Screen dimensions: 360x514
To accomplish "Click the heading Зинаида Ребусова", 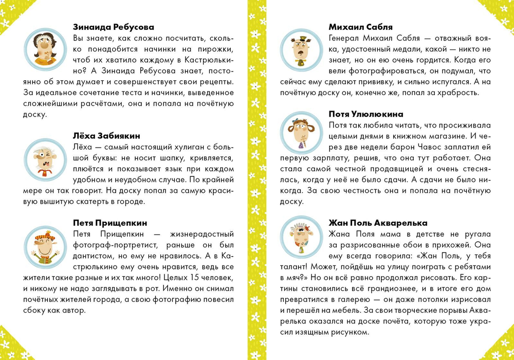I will (114, 27).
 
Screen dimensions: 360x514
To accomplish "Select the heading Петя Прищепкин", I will (111, 223).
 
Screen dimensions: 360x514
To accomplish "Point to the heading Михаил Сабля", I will (360, 27).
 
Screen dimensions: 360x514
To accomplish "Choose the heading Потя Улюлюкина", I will (365, 114).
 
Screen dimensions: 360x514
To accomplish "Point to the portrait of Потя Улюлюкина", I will (301, 133).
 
